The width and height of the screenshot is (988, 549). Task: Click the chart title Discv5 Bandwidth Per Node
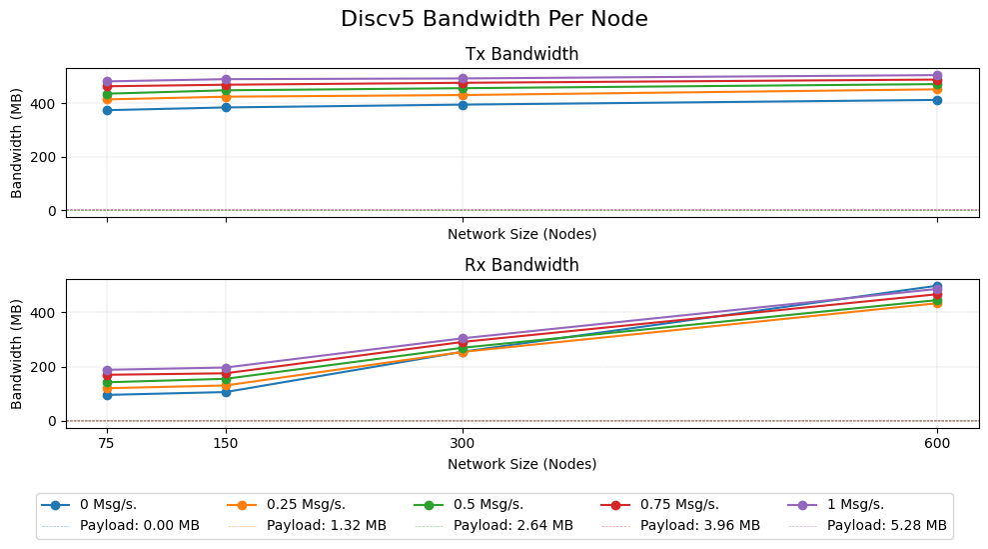[x=494, y=19]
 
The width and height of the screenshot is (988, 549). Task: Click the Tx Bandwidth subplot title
[x=521, y=54]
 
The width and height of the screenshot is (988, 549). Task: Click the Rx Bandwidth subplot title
[x=521, y=265]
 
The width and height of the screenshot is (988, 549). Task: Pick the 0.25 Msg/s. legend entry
[x=301, y=505]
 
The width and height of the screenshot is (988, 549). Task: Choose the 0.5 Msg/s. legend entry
[x=488, y=505]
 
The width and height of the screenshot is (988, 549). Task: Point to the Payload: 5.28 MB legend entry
[x=887, y=525]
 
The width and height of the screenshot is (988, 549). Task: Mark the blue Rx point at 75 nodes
[x=107, y=395]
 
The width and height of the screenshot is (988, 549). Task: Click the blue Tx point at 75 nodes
[x=107, y=110]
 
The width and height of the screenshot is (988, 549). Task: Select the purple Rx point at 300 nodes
[x=463, y=339]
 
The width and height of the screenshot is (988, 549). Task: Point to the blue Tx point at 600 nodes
[x=937, y=100]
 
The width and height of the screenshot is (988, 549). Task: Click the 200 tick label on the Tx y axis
[x=45, y=157]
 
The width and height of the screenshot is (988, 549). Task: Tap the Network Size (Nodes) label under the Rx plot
[x=521, y=464]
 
